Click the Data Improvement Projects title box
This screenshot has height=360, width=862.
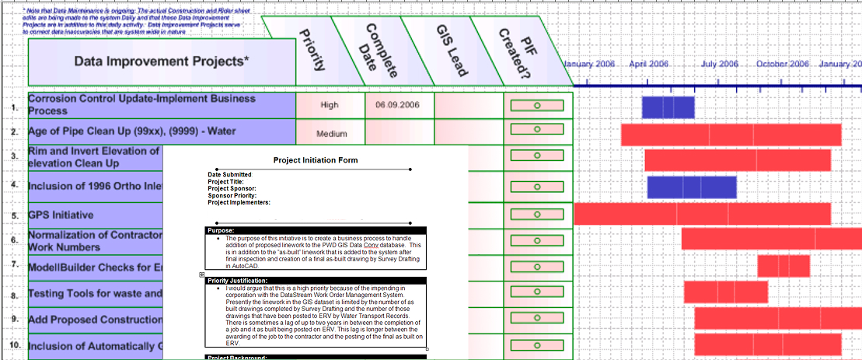pyautogui.click(x=162, y=61)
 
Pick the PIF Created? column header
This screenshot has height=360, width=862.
pyautogui.click(x=519, y=50)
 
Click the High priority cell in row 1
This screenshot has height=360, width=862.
pyautogui.click(x=330, y=105)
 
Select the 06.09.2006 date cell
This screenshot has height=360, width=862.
pyautogui.click(x=399, y=105)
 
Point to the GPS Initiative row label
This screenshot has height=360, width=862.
pyautogui.click(x=61, y=215)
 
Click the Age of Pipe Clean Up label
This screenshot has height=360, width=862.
pyautogui.click(x=132, y=131)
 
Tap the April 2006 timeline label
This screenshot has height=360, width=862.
pyautogui.click(x=648, y=64)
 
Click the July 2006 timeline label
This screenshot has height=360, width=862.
pyautogui.click(x=719, y=64)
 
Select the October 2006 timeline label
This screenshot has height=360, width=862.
pyautogui.click(x=783, y=64)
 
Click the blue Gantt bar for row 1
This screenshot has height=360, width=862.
pyautogui.click(x=668, y=107)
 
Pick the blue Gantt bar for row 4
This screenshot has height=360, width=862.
pyautogui.click(x=691, y=187)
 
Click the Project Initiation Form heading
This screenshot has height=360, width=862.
pyautogui.click(x=316, y=160)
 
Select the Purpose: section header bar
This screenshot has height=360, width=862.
pyautogui.click(x=316, y=230)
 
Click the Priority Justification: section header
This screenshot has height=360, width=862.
pyautogui.click(x=316, y=280)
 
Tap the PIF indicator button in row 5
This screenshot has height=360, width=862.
pyautogui.click(x=537, y=215)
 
